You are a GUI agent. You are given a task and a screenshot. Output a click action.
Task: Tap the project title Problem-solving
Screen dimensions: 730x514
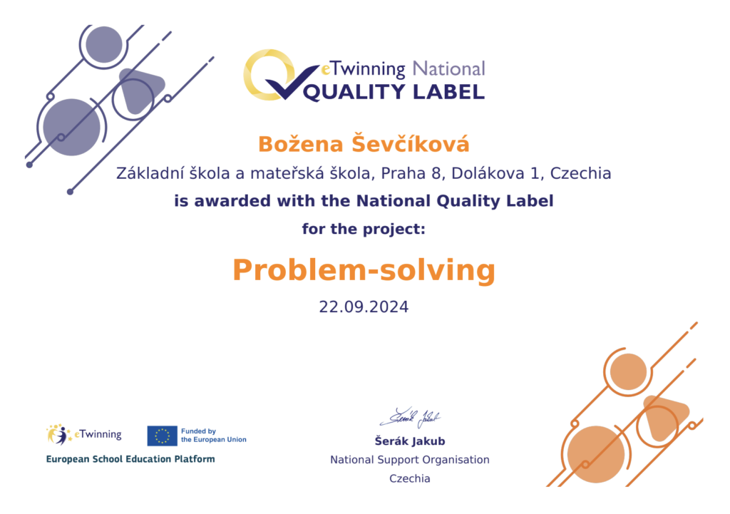[364, 270]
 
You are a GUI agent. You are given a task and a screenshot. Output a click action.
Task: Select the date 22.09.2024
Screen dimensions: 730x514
[364, 307]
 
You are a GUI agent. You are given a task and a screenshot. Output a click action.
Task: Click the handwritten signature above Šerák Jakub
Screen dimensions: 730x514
[410, 418]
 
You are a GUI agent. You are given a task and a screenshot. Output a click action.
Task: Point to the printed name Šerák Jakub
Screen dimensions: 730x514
[410, 441]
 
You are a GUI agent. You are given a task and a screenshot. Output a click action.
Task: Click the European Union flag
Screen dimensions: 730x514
[162, 436]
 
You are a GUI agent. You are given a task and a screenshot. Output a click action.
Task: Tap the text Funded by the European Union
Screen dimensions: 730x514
[214, 436]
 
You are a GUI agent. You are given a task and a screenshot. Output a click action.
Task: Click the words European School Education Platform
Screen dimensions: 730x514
[130, 459]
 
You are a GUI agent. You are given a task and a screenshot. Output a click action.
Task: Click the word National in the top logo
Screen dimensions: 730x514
[449, 69]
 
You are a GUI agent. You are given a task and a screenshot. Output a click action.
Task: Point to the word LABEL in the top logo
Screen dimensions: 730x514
[449, 92]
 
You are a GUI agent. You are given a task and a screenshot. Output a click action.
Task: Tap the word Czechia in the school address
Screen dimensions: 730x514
[580, 173]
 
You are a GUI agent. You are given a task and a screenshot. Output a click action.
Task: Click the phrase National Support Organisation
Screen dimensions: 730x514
[410, 460]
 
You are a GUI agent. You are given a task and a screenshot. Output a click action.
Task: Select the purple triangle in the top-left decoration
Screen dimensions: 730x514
[140, 90]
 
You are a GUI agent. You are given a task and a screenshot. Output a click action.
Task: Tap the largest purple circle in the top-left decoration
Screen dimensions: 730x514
[72, 127]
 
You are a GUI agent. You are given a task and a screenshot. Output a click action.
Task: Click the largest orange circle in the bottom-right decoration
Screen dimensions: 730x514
[596, 454]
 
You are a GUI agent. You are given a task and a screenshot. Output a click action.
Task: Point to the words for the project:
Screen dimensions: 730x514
[364, 229]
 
